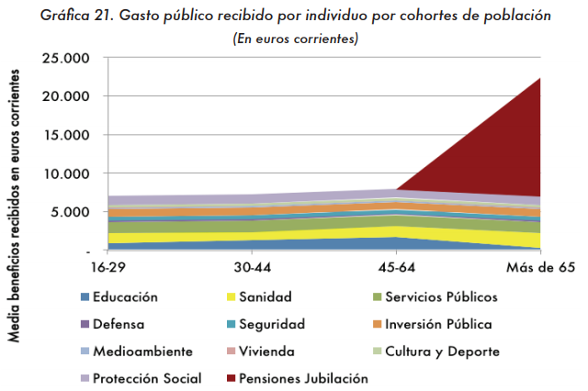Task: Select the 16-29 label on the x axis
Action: [x=108, y=267]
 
